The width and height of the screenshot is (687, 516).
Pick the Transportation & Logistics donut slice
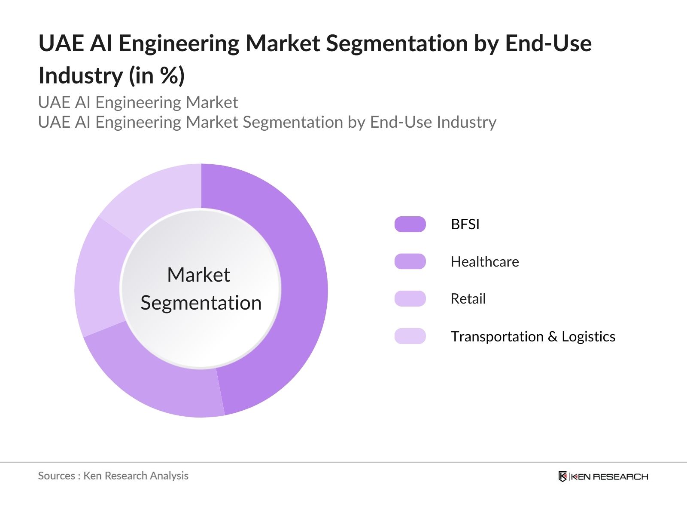coord(150,193)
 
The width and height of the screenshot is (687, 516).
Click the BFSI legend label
coord(465,224)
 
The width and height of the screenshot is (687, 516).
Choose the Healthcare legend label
coord(485,261)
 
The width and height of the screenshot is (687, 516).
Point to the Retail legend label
coord(468,299)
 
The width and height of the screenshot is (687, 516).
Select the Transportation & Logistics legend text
coord(533,336)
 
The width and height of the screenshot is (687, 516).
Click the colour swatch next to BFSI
coord(410,224)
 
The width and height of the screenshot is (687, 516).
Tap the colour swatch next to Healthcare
coord(410,261)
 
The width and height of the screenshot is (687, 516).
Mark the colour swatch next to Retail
coord(410,299)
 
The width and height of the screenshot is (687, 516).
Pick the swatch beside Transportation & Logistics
coord(410,336)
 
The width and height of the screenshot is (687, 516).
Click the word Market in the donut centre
coord(198,275)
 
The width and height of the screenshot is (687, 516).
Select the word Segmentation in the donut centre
coord(201,303)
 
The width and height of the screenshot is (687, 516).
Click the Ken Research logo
coord(603,476)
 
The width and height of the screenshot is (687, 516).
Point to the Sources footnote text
coord(113,476)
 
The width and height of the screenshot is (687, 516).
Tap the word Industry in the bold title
coord(80,76)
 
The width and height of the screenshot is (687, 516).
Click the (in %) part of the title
coord(157,76)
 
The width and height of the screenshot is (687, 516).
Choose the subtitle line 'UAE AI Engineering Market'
coord(138,102)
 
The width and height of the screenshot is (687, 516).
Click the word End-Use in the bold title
coord(548,43)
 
